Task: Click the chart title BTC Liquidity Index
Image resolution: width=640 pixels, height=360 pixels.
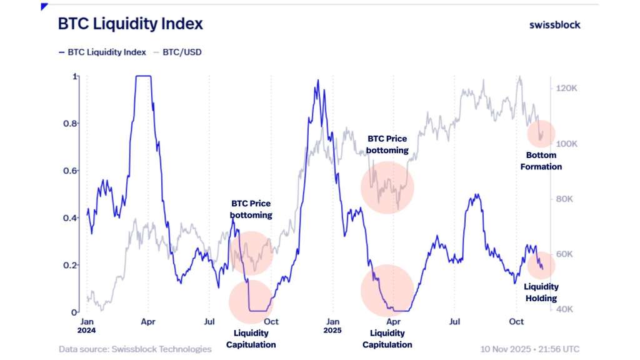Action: [x=130, y=24]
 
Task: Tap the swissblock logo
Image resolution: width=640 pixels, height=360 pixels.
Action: [x=554, y=24]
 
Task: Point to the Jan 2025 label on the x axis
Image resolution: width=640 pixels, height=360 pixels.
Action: [x=332, y=326]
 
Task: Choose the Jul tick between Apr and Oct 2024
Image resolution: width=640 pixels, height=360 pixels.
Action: [x=209, y=321]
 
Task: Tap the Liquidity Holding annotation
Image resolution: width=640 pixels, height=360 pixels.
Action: [x=541, y=293]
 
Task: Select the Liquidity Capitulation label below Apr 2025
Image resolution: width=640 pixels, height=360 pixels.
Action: [x=387, y=339]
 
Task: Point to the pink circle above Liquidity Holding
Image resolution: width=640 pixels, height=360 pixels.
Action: [x=541, y=264]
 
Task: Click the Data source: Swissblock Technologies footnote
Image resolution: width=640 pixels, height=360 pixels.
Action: [x=135, y=349]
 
